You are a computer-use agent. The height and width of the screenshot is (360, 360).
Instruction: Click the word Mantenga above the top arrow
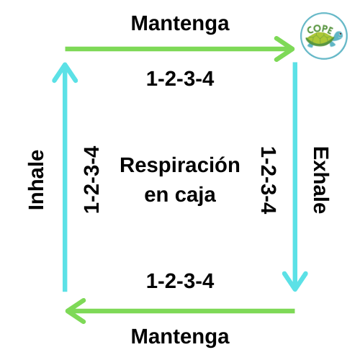pyautogui.click(x=180, y=24)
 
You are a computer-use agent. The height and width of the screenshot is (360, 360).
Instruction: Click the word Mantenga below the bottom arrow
pyautogui.click(x=180, y=337)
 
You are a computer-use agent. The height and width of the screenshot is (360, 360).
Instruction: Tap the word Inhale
pyautogui.click(x=36, y=180)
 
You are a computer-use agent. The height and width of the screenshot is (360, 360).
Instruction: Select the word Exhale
pyautogui.click(x=320, y=180)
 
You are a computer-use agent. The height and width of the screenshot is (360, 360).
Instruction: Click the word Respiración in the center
pyautogui.click(x=180, y=166)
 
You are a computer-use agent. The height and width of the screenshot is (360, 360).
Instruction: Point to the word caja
pyautogui.click(x=195, y=196)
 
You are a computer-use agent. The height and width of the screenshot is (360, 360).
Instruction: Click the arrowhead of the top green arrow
pyautogui.click(x=285, y=49)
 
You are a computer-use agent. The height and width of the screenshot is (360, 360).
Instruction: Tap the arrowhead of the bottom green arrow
pyautogui.click(x=76, y=311)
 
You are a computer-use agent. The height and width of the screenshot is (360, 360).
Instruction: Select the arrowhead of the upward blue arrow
pyautogui.click(x=65, y=72)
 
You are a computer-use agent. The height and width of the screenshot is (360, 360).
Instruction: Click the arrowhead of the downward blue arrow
pyautogui.click(x=295, y=282)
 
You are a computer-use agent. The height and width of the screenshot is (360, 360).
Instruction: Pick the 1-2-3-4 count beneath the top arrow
pyautogui.click(x=180, y=78)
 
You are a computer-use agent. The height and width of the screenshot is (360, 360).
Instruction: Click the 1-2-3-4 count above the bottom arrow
pyautogui.click(x=180, y=281)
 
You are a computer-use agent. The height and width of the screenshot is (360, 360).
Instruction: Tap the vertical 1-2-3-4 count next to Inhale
pyautogui.click(x=91, y=179)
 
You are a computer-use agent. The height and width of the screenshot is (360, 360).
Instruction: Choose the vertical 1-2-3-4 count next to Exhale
pyautogui.click(x=269, y=180)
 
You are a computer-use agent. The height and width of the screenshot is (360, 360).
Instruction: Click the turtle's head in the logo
pyautogui.click(x=338, y=36)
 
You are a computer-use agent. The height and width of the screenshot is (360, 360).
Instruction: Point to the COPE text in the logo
pyautogui.click(x=320, y=30)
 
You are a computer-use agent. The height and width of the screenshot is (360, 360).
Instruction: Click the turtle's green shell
pyautogui.click(x=319, y=40)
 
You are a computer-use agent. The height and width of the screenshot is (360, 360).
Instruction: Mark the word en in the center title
pyautogui.click(x=156, y=196)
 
